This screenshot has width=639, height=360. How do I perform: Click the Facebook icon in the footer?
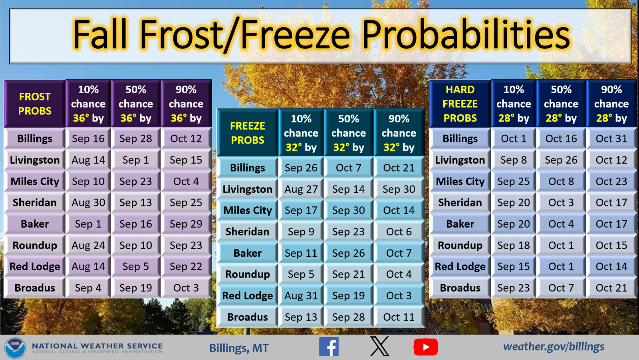(329, 346)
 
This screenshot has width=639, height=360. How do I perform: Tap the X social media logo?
(380, 346)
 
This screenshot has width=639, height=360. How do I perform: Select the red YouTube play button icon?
(426, 347)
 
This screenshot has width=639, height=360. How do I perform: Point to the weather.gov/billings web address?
(554, 346)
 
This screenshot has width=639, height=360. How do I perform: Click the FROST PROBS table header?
(35, 104)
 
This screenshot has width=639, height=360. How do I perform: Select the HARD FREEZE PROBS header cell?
(460, 104)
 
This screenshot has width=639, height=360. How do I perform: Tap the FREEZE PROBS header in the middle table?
(248, 133)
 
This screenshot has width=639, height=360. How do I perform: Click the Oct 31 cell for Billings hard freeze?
(611, 138)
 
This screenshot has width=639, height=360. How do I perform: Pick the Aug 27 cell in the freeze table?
(301, 189)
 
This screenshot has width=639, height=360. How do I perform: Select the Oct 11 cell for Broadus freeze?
(399, 317)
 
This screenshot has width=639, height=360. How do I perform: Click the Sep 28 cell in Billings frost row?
(136, 138)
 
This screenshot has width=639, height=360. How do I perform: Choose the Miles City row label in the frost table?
(35, 182)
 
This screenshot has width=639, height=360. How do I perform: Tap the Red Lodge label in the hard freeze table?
(460, 266)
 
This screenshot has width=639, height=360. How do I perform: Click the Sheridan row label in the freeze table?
(248, 232)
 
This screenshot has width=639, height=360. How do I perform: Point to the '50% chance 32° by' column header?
(349, 133)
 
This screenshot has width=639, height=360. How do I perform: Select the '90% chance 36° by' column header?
(186, 104)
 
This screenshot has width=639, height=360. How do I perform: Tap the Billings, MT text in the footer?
(239, 348)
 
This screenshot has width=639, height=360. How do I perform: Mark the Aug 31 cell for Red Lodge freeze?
(301, 296)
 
